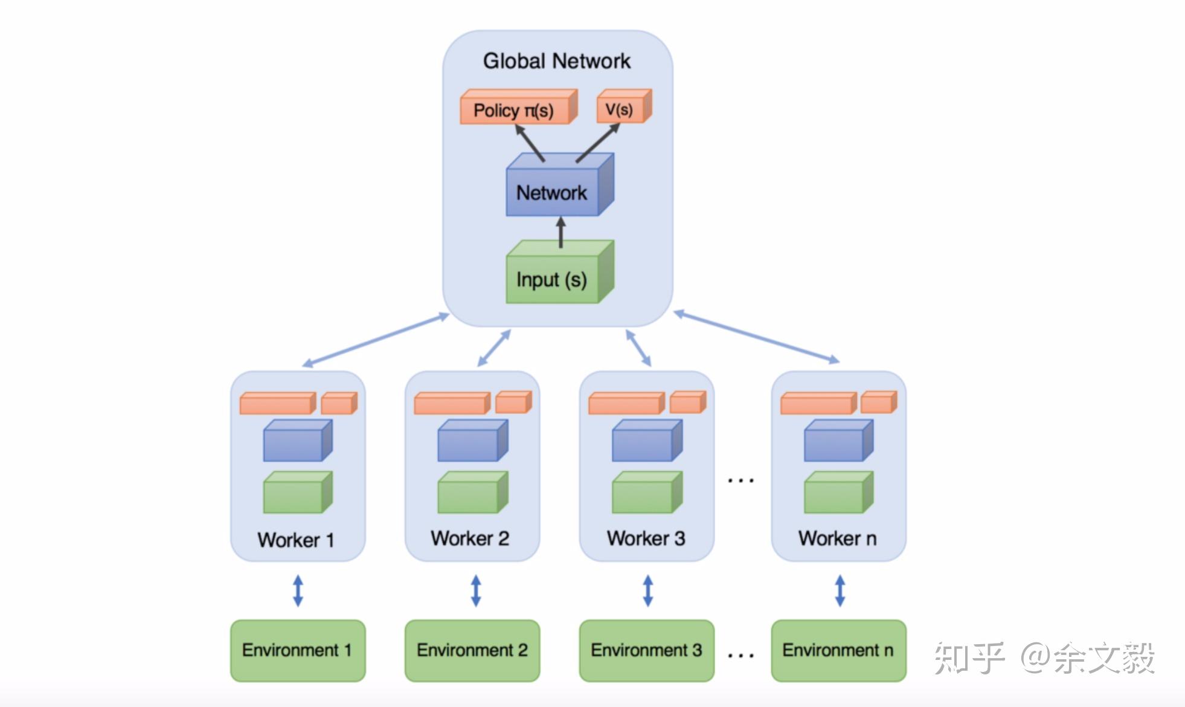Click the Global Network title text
point(556,61)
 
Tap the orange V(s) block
point(620,109)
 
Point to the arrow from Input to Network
point(560,233)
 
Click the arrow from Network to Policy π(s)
point(530,143)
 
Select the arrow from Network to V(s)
point(597,143)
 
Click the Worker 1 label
point(296,540)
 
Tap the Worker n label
point(837,538)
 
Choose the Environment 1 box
point(297,650)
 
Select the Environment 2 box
point(472,650)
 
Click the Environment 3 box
point(646,650)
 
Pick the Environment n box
point(838,650)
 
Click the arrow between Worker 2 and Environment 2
point(476,590)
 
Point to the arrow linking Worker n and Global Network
point(756,337)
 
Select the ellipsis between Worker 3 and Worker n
point(740,481)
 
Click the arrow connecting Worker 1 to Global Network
point(376,340)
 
